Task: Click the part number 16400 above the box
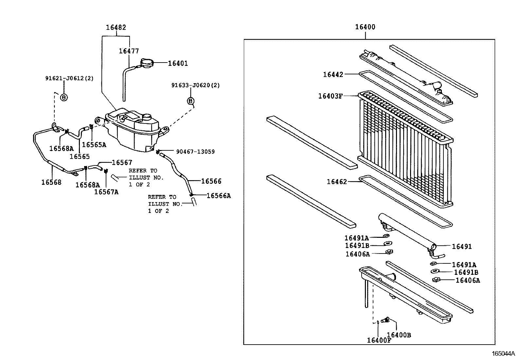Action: click(x=365, y=27)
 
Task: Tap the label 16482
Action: click(x=116, y=28)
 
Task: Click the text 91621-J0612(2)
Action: click(x=69, y=78)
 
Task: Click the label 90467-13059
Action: click(x=195, y=152)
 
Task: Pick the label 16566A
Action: click(x=219, y=196)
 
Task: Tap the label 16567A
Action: click(x=106, y=192)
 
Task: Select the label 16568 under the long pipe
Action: click(x=51, y=182)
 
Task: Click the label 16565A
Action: click(x=94, y=145)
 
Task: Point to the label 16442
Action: click(x=333, y=75)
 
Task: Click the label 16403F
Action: click(x=330, y=96)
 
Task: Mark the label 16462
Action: click(x=336, y=182)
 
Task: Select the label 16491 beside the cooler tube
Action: click(x=462, y=247)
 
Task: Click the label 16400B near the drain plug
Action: click(x=399, y=335)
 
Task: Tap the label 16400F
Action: click(x=379, y=340)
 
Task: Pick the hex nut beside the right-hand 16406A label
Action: click(x=435, y=279)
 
